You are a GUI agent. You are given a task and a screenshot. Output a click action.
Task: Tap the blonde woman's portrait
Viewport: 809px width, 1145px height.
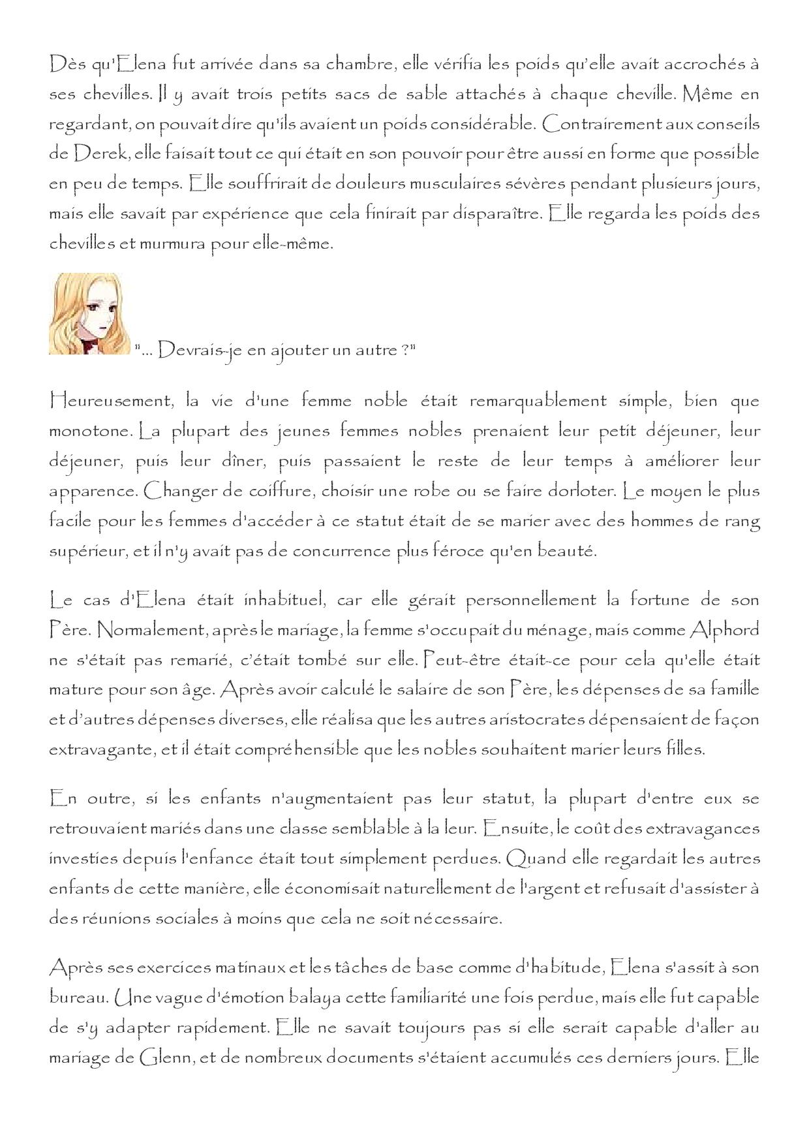pos(85,314)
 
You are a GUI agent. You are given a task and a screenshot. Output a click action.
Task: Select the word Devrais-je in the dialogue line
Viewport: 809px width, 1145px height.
pos(191,351)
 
